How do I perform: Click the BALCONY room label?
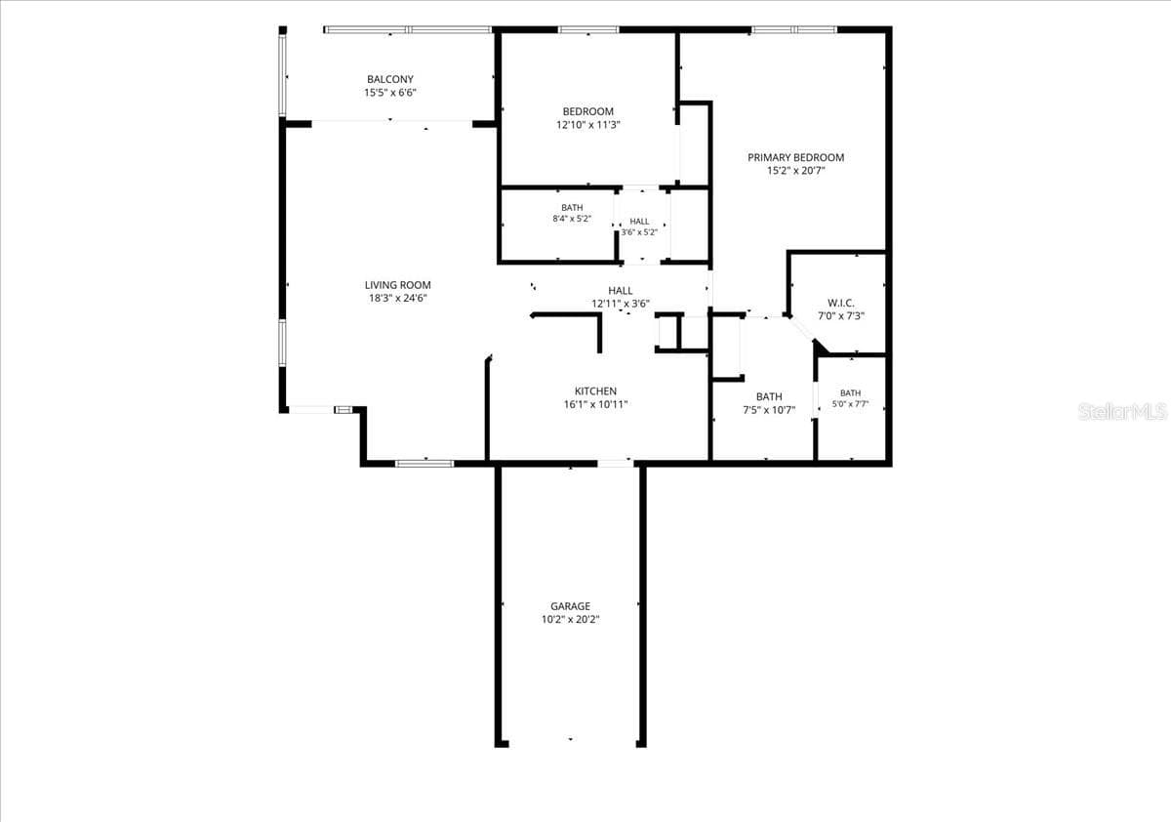390,79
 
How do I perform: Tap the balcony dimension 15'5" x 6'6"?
390,93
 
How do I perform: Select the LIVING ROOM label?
398,285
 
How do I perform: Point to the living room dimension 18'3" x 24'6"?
398,298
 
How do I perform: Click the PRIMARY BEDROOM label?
795,157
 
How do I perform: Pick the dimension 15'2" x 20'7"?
795,171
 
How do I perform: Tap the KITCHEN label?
595,391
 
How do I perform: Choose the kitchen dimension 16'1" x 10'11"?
595,404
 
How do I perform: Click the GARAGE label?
570,606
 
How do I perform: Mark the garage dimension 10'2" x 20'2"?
570,620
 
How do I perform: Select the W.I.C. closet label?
840,303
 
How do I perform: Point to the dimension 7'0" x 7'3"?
840,316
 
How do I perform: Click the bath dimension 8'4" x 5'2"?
572,219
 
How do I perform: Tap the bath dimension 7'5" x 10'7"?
769,410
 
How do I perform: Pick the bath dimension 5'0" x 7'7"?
850,404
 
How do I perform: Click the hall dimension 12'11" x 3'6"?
621,304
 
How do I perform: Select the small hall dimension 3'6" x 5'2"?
639,232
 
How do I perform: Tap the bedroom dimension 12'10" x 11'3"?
588,125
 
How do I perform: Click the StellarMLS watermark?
1122,412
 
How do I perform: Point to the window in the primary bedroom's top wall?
794,30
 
